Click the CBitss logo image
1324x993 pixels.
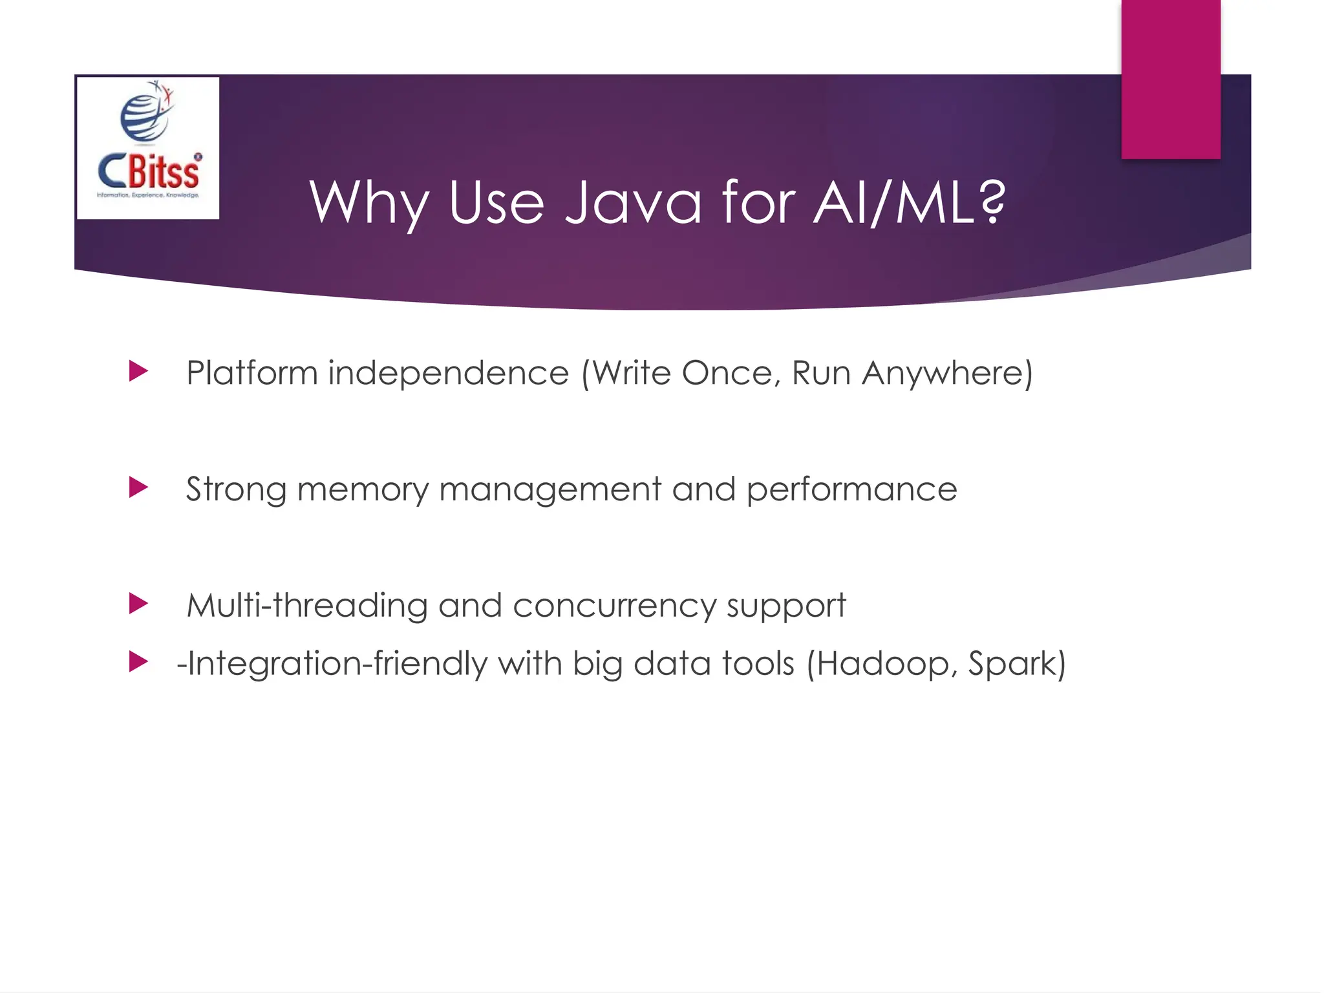[148, 148]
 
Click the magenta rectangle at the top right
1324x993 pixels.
[1171, 79]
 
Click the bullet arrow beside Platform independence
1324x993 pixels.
[138, 371]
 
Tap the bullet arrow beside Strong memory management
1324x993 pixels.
[138, 487]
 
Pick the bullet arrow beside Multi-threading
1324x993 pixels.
[138, 604]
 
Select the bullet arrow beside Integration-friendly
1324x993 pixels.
[138, 661]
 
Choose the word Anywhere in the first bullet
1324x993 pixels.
[947, 373]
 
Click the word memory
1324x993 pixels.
[363, 489]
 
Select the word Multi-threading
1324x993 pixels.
[307, 606]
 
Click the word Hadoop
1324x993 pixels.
[886, 664]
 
